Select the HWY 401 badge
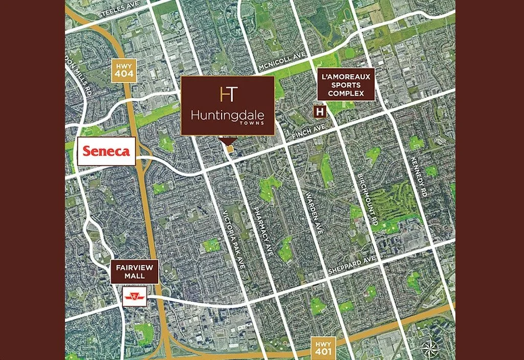(323, 348)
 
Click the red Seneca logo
(106, 151)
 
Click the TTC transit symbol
(135, 296)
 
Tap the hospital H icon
(320, 111)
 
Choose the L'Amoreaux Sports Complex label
(346, 84)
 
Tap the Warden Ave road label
(313, 213)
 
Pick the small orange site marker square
(230, 149)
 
